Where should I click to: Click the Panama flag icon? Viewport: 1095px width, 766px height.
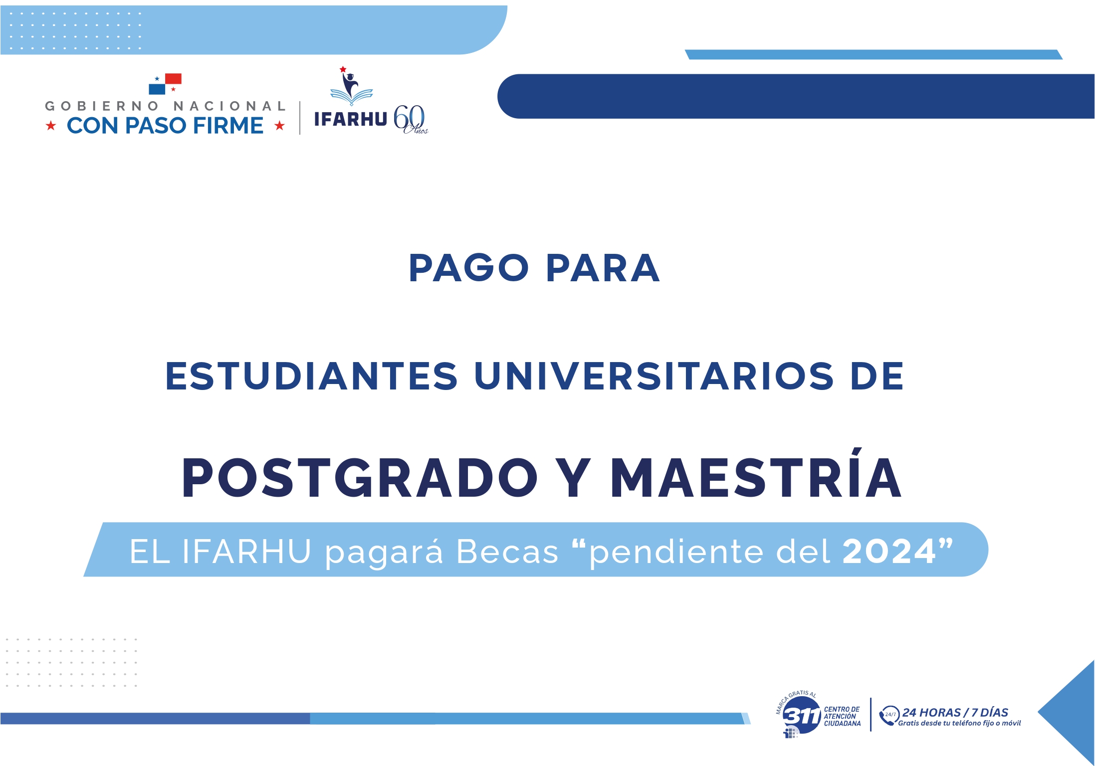tap(165, 84)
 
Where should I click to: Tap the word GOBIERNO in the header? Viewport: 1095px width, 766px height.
tap(102, 106)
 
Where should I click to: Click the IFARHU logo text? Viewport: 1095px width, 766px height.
tap(351, 119)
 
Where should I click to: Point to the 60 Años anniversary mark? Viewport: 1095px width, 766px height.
tap(411, 120)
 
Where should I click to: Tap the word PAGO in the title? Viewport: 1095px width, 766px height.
tap(469, 268)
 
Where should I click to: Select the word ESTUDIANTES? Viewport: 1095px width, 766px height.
tap(311, 376)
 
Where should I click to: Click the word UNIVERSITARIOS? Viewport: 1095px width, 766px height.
tap(654, 376)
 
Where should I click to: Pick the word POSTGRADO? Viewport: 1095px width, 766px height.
tap(360, 478)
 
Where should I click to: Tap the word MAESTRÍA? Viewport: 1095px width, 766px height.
tap(756, 474)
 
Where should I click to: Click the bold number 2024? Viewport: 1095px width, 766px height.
tap(889, 552)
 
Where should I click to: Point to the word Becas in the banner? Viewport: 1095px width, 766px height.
tap(507, 552)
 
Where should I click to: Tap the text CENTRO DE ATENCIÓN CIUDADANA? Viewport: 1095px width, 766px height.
tap(842, 716)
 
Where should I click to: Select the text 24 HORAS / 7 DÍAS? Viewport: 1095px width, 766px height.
tap(955, 712)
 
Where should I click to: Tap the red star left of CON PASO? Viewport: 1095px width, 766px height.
tap(51, 126)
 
